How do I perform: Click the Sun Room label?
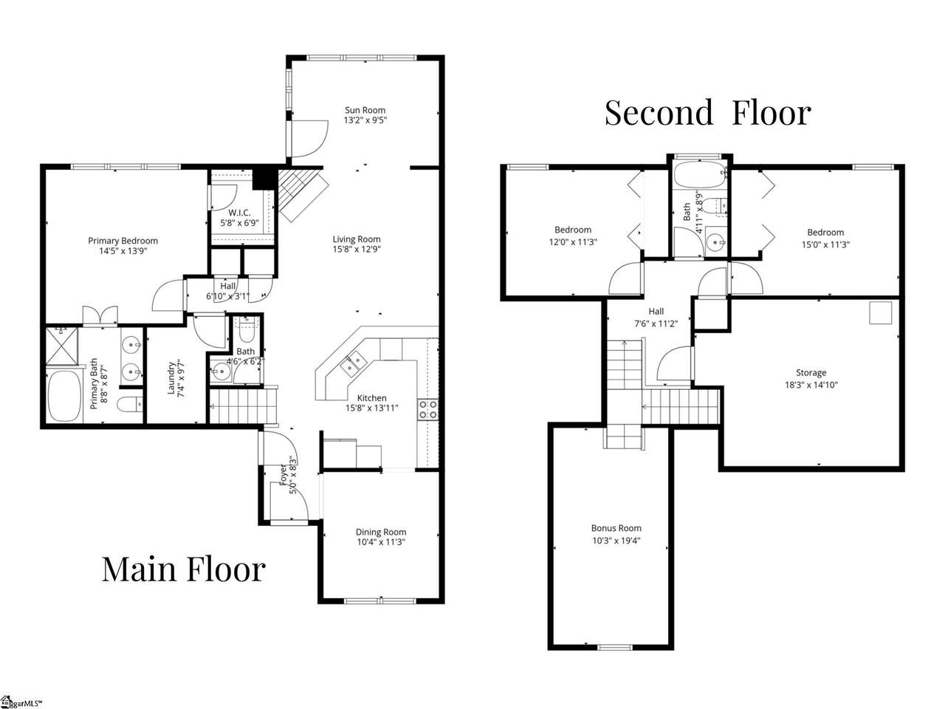pyautogui.click(x=365, y=110)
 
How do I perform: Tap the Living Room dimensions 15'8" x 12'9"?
pyautogui.click(x=357, y=249)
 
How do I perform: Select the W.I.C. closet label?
pyautogui.click(x=239, y=213)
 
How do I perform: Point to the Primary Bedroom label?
pyautogui.click(x=123, y=241)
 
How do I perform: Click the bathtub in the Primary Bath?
pyautogui.click(x=64, y=397)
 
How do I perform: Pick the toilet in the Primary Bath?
pyautogui.click(x=130, y=404)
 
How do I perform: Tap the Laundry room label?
pyautogui.click(x=171, y=378)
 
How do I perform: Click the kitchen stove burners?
pyautogui.click(x=428, y=410)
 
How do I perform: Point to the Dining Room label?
pyautogui.click(x=381, y=532)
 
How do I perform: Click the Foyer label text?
pyautogui.click(x=283, y=475)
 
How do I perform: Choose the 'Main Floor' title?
pyautogui.click(x=184, y=569)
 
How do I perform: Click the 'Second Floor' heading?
pyautogui.click(x=708, y=113)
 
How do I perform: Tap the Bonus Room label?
pyautogui.click(x=616, y=528)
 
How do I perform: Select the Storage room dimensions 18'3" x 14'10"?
pyautogui.click(x=811, y=385)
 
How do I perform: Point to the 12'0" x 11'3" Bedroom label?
pyautogui.click(x=573, y=230)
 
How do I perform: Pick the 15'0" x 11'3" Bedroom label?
pyautogui.click(x=825, y=233)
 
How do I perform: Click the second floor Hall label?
pyautogui.click(x=656, y=311)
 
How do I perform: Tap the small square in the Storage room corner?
pyautogui.click(x=881, y=313)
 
